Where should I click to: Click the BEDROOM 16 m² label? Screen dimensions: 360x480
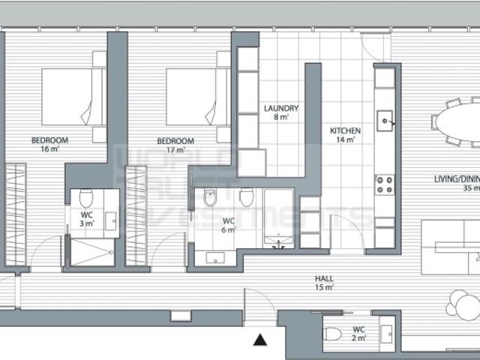click(50, 144)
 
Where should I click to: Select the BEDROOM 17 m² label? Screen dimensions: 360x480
click(175, 145)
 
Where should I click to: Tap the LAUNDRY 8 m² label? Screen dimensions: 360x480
click(281, 112)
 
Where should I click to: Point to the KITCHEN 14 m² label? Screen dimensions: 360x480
click(346, 135)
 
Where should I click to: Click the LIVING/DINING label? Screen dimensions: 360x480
click(457, 183)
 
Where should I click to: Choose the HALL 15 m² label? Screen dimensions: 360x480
click(324, 282)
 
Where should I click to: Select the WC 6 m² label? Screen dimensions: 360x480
click(226, 225)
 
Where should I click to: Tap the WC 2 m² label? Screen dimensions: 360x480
click(360, 334)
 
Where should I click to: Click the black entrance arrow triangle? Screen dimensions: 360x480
click(260, 340)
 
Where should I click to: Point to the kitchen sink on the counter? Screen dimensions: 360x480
click(385, 118)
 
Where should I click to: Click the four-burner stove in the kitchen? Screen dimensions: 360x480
click(385, 184)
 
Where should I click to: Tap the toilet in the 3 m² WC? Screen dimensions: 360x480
click(85, 199)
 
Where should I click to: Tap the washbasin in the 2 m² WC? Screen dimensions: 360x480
click(386, 333)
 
